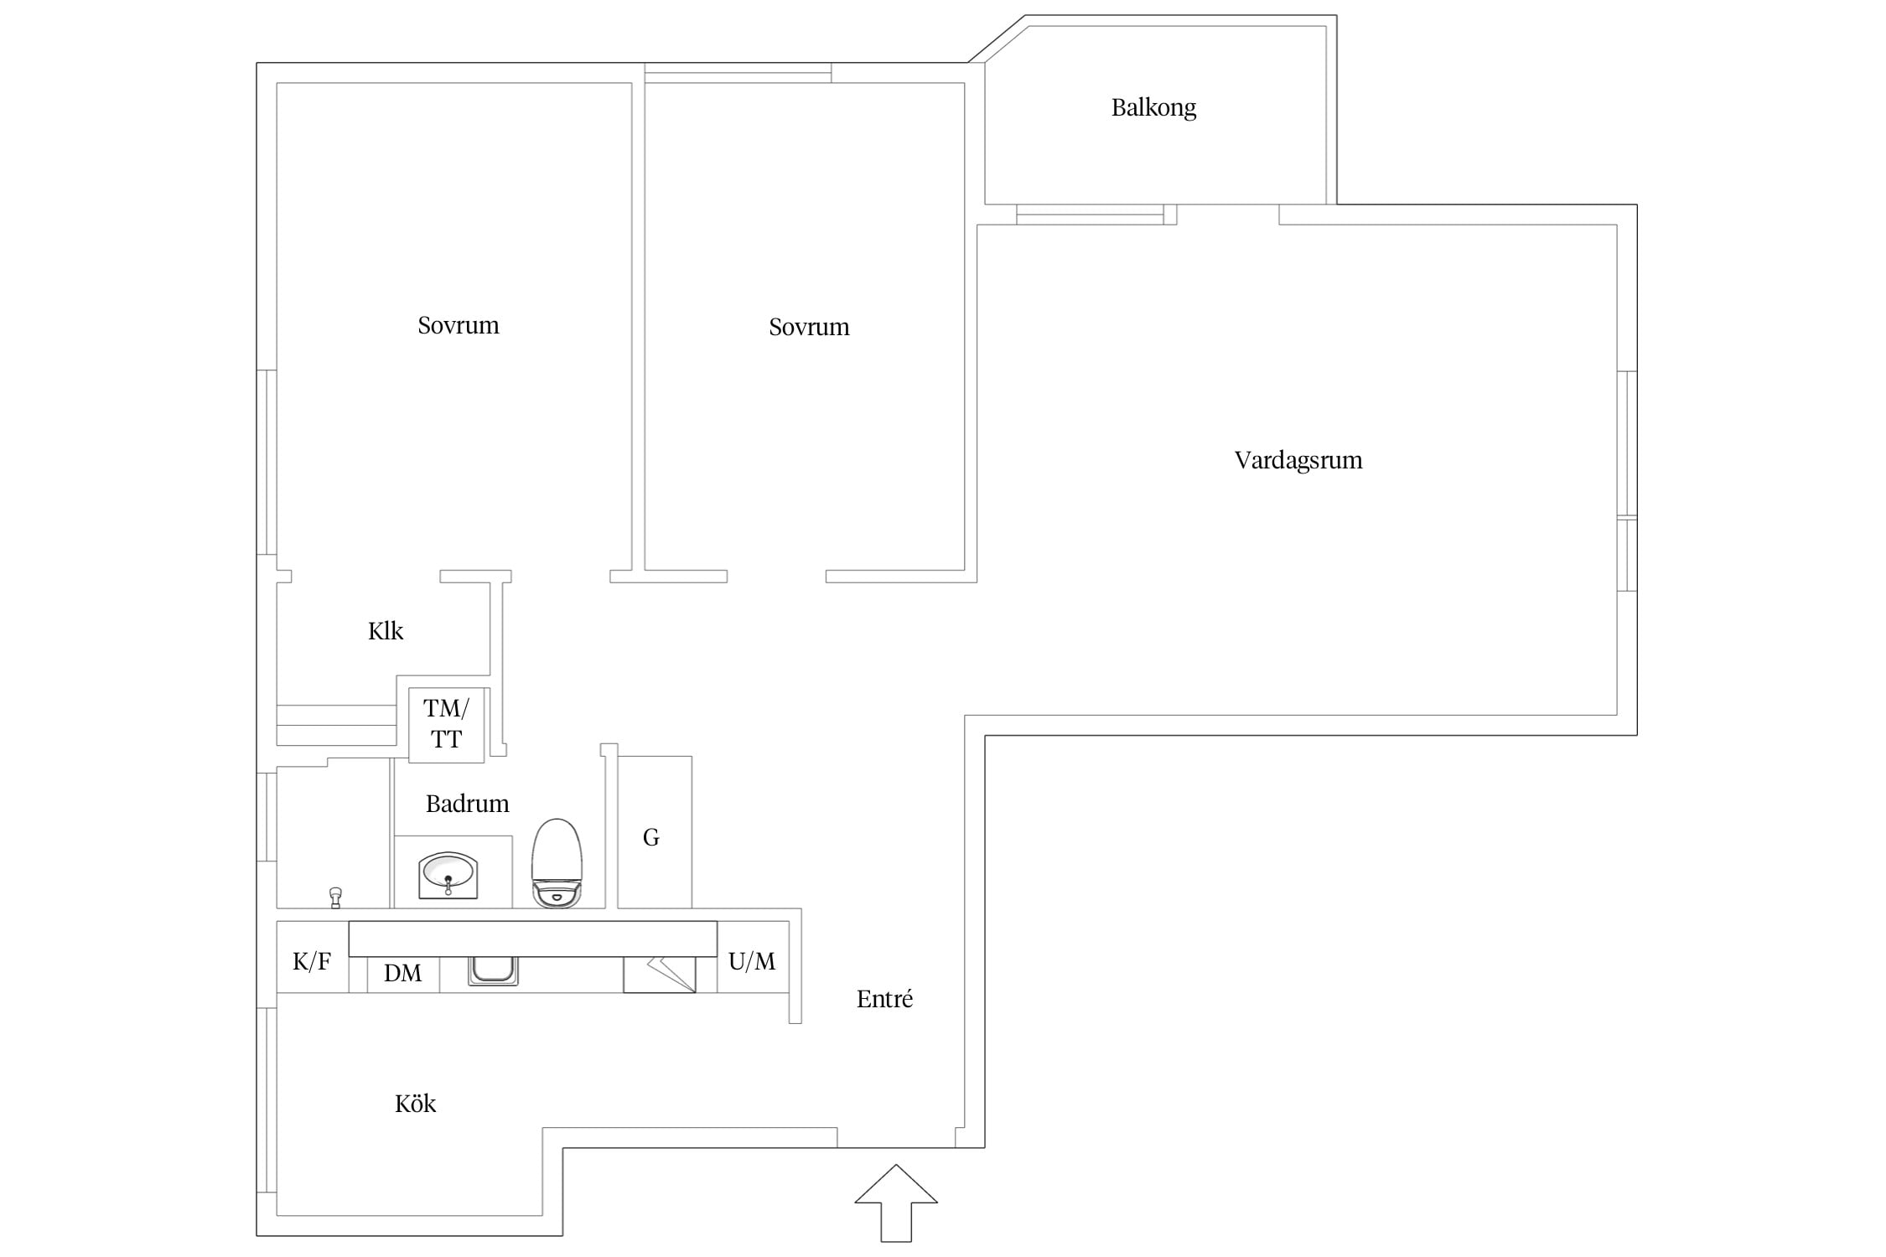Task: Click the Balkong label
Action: click(x=1153, y=108)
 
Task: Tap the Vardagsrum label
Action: click(x=1298, y=460)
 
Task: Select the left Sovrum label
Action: click(x=459, y=325)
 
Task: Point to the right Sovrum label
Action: click(x=809, y=327)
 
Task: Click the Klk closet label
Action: click(x=386, y=631)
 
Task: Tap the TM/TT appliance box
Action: click(x=446, y=725)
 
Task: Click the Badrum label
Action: click(x=468, y=804)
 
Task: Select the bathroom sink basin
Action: click(x=448, y=875)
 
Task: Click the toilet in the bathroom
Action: click(x=557, y=862)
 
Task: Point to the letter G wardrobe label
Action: click(x=651, y=837)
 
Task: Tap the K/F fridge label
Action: click(x=312, y=961)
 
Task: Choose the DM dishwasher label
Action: click(x=402, y=973)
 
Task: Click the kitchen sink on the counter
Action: click(x=493, y=970)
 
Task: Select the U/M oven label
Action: click(x=752, y=961)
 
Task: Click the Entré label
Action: click(x=884, y=999)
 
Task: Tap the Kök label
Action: click(x=415, y=1104)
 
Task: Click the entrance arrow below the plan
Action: click(x=896, y=1203)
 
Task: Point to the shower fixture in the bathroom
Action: click(x=336, y=897)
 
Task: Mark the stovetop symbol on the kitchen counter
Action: click(x=660, y=975)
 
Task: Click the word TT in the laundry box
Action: click(x=446, y=740)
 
